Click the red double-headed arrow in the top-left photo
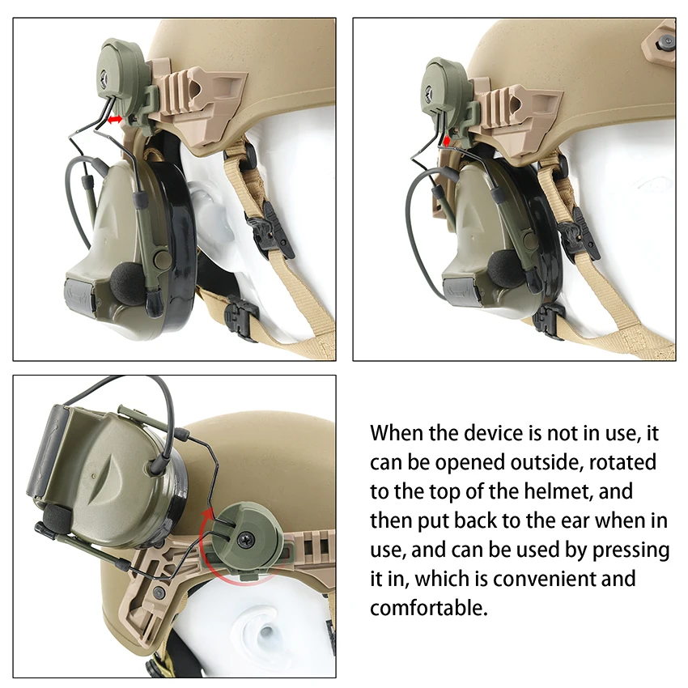(x=116, y=119)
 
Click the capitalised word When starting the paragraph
(x=397, y=432)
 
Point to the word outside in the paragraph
(x=540, y=462)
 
